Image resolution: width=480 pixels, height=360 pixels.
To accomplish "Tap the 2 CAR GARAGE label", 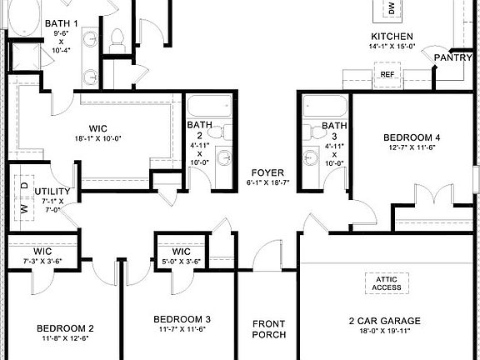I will click(x=384, y=320).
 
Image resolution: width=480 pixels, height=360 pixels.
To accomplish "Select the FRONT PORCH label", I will click(x=268, y=328).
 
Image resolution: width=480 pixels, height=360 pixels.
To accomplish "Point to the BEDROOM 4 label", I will click(x=412, y=137).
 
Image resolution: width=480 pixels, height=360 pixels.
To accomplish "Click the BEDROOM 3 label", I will click(x=182, y=319).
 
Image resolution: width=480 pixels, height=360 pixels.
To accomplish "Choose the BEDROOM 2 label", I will click(x=65, y=327).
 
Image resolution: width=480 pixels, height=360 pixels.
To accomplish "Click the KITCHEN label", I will click(x=392, y=37).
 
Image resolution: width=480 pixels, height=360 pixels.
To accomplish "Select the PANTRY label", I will click(x=452, y=57).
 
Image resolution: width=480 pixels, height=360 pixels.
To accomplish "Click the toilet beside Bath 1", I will click(x=117, y=37).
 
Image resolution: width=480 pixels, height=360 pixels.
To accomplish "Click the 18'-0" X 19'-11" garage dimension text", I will click(x=384, y=332).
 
